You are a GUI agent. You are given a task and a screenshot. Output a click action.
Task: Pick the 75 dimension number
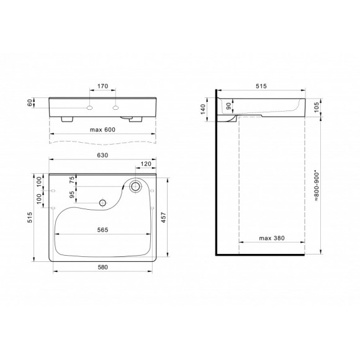73,180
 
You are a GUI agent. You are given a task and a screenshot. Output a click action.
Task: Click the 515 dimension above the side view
260,87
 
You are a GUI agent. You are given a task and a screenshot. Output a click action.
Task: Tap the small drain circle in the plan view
102,201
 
